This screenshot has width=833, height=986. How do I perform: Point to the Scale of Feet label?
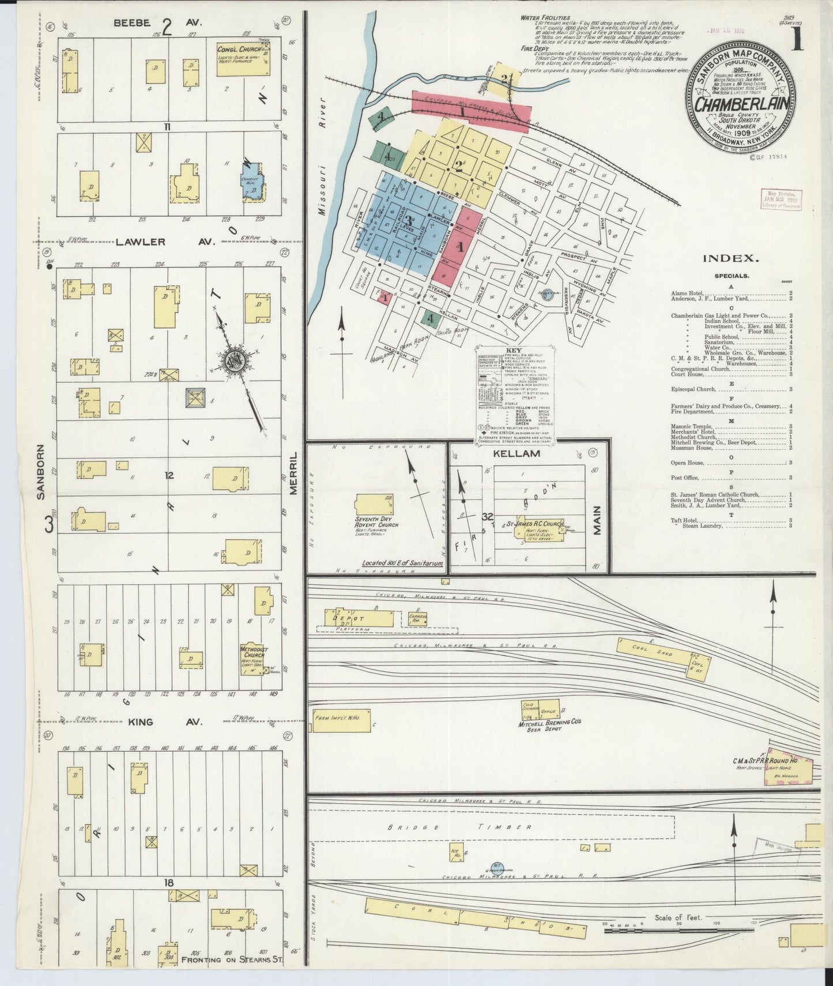[x=678, y=917]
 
